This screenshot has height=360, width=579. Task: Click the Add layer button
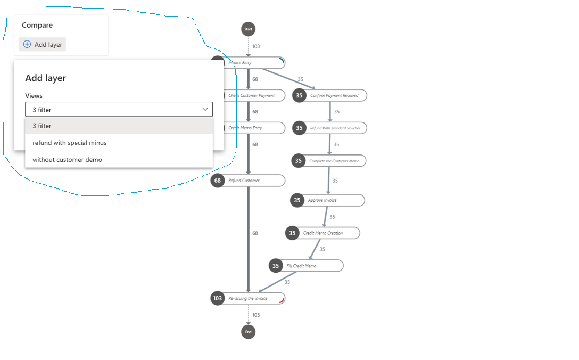[43, 45]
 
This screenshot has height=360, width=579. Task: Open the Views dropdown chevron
[205, 109]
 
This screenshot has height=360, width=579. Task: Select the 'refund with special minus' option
[69, 143]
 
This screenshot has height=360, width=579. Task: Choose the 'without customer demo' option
[67, 160]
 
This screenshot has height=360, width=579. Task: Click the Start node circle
[248, 29]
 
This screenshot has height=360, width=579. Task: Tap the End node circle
[248, 332]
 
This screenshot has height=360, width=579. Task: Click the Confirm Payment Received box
[334, 96]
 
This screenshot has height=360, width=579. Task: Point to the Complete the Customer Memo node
[334, 161]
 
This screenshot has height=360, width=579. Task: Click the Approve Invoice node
[330, 200]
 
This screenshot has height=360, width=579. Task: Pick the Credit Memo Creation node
[325, 233]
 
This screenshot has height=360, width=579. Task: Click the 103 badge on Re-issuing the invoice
[218, 298]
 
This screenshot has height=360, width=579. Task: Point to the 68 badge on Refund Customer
[218, 181]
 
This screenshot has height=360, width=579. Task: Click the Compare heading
[37, 25]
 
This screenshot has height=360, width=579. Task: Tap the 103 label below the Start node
[256, 46]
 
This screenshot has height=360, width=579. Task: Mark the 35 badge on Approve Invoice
[297, 200]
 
